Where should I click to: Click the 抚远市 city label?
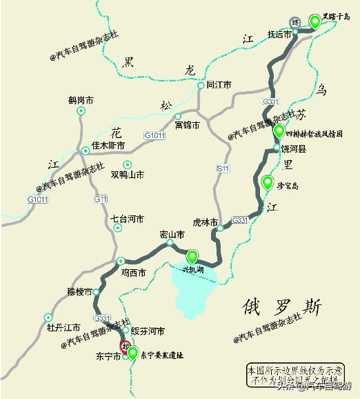point(280,35)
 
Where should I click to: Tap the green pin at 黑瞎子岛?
point(315,21)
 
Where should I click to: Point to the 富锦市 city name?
point(187,126)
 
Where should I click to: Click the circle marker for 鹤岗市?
point(81,110)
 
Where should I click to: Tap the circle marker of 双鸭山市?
point(127,164)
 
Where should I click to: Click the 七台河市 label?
point(127,219)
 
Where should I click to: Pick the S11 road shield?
point(222,168)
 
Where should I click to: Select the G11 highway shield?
point(101,199)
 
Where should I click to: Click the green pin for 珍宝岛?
point(268,182)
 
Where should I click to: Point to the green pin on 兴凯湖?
point(192,256)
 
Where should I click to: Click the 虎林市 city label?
point(205,222)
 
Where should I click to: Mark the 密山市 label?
point(172,235)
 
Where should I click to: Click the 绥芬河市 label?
point(148,331)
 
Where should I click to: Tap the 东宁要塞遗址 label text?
point(162,356)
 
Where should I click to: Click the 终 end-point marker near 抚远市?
point(295,23)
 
